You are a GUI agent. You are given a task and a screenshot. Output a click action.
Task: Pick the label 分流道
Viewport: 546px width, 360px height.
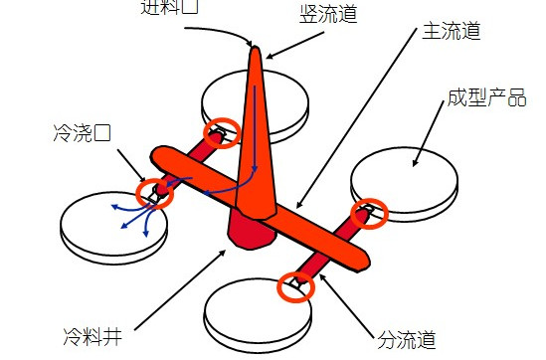[407, 340]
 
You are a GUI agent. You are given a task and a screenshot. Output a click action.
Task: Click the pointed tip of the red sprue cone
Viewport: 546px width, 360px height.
[256, 49]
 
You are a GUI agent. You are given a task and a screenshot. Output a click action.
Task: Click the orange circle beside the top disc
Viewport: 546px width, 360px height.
[222, 132]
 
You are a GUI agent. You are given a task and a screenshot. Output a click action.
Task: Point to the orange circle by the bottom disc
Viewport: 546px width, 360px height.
[297, 285]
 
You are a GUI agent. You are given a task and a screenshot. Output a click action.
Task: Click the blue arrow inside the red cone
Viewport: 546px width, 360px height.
[262, 129]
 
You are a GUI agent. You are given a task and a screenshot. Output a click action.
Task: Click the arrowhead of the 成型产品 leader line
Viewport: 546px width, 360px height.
[413, 163]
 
